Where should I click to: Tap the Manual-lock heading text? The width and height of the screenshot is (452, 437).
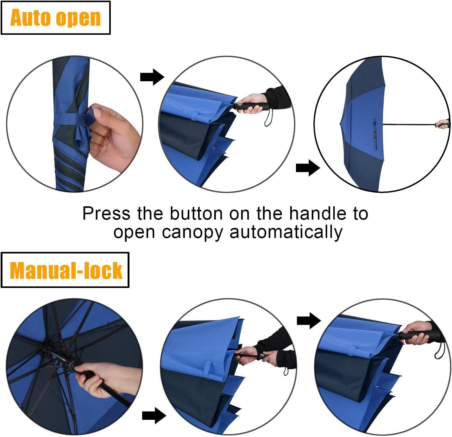click(66, 271)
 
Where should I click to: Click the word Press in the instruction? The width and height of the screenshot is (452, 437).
click(106, 213)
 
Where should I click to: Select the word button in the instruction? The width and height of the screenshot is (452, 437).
click(196, 213)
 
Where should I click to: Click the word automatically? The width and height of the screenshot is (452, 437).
click(286, 233)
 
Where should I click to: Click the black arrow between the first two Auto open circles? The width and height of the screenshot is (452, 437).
click(152, 77)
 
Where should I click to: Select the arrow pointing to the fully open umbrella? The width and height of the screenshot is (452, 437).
click(308, 168)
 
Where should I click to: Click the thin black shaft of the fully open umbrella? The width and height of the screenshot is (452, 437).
click(410, 124)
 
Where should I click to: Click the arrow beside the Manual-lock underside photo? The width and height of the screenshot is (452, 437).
click(154, 415)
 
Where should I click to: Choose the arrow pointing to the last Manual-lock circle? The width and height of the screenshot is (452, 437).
click(309, 321)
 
